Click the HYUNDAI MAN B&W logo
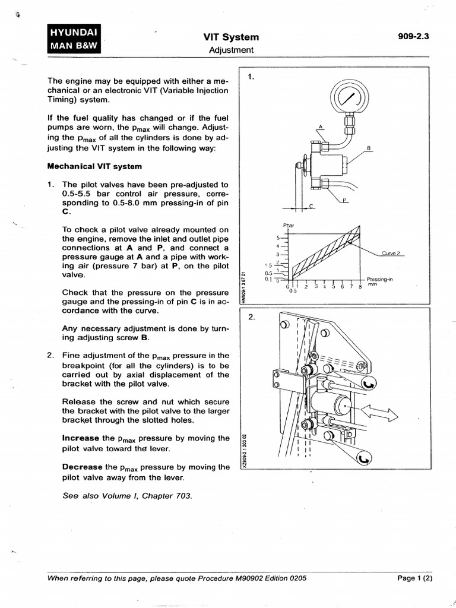(x=74, y=39)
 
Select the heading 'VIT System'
(x=231, y=37)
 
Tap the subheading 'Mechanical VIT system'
(x=94, y=167)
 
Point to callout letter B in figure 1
(x=368, y=148)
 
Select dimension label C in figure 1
(x=311, y=206)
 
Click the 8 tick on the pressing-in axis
(x=360, y=287)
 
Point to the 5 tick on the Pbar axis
(x=278, y=237)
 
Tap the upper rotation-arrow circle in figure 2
(x=368, y=384)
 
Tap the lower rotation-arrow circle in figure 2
(x=365, y=459)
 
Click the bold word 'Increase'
(x=81, y=438)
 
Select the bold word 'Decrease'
(x=82, y=467)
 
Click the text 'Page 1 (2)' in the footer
(x=415, y=578)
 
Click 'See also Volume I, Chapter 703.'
(x=127, y=496)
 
